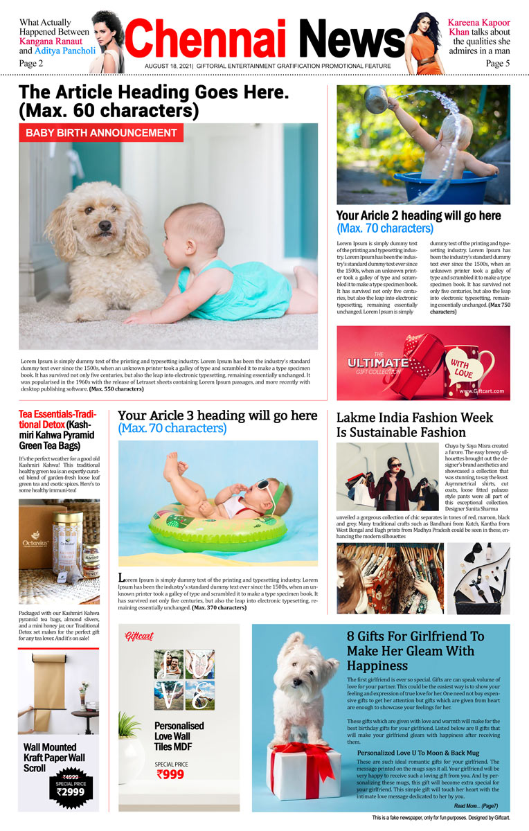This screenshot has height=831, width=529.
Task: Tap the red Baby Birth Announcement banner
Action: click(x=101, y=133)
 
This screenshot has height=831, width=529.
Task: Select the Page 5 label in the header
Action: click(x=497, y=63)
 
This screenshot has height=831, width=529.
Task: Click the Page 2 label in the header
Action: click(x=31, y=63)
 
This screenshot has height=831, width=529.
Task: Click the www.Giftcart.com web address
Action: click(x=482, y=391)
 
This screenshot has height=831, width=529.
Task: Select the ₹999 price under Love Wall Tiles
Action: click(x=170, y=774)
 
